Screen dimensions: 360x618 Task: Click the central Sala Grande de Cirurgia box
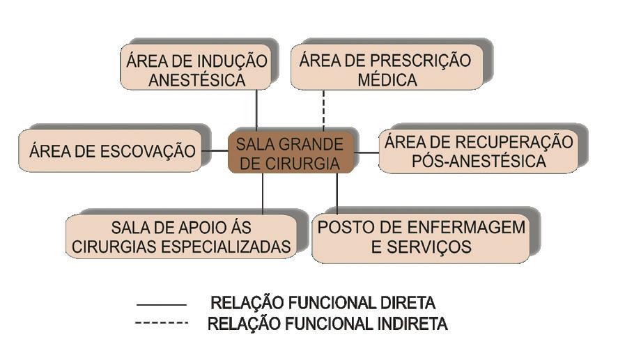point(289,154)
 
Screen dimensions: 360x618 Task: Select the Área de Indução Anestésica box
point(196,70)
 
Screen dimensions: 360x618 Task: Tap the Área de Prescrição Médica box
point(387,70)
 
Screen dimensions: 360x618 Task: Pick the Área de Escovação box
point(112,150)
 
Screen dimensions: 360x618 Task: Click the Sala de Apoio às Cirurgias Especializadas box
point(181,237)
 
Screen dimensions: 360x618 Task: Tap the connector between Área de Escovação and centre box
point(217,150)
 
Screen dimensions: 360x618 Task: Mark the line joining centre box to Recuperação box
point(366,152)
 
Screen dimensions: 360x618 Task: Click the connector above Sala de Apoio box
point(263,194)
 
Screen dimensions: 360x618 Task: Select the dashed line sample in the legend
point(162,322)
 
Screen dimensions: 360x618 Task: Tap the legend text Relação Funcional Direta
point(323,304)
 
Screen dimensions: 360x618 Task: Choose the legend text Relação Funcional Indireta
point(327,324)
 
